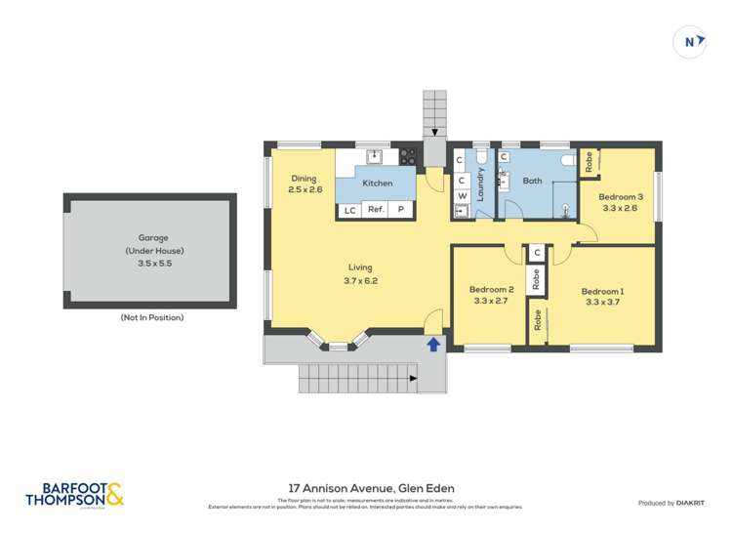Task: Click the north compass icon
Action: click(690, 42)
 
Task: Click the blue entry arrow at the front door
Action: click(433, 344)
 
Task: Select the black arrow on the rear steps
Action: click(434, 133)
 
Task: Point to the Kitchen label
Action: click(378, 183)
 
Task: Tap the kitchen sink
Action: click(373, 155)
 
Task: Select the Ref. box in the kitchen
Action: click(376, 210)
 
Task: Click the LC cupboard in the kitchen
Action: click(348, 210)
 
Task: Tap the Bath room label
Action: click(532, 181)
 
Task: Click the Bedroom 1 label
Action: click(601, 291)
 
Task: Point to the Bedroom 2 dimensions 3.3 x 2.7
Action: click(491, 302)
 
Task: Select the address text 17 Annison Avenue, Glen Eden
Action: click(371, 488)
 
